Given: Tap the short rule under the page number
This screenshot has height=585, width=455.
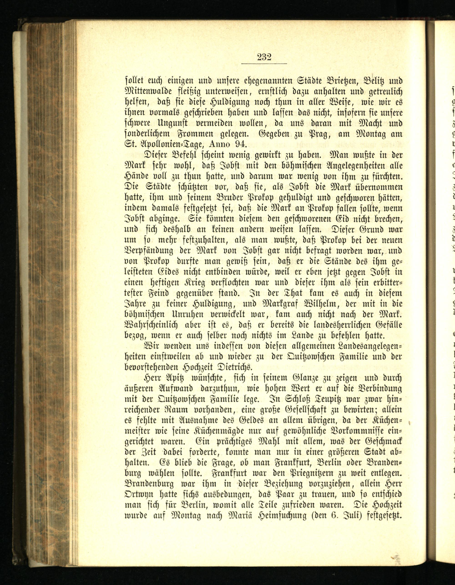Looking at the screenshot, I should pyautogui.click(x=264, y=63).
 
